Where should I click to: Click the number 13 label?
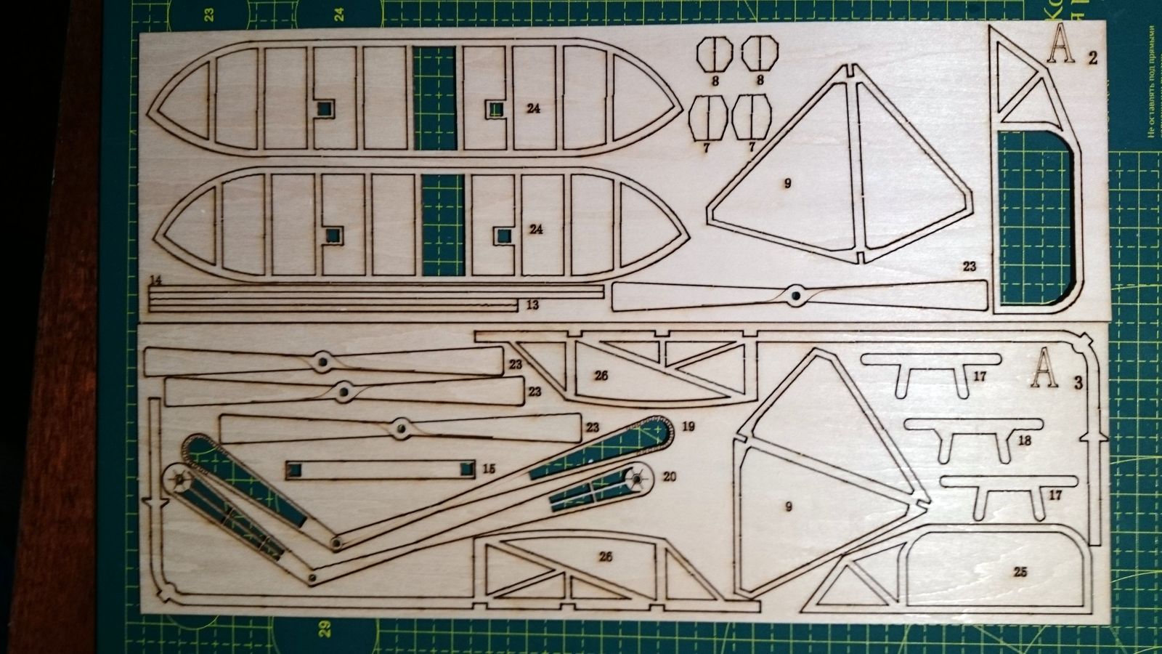(532, 305)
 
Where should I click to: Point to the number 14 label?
(156, 280)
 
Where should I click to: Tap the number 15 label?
(488, 469)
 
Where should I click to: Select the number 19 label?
(688, 426)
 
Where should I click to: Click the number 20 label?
(669, 477)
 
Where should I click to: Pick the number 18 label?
(1025, 440)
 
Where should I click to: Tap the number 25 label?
(1020, 572)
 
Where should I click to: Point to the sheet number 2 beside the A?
(1092, 58)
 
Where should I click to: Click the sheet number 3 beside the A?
(1078, 383)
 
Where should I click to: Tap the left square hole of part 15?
(295, 470)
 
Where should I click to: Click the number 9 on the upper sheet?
(787, 184)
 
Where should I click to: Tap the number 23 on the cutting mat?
(208, 13)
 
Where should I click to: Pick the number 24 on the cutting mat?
(339, 12)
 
